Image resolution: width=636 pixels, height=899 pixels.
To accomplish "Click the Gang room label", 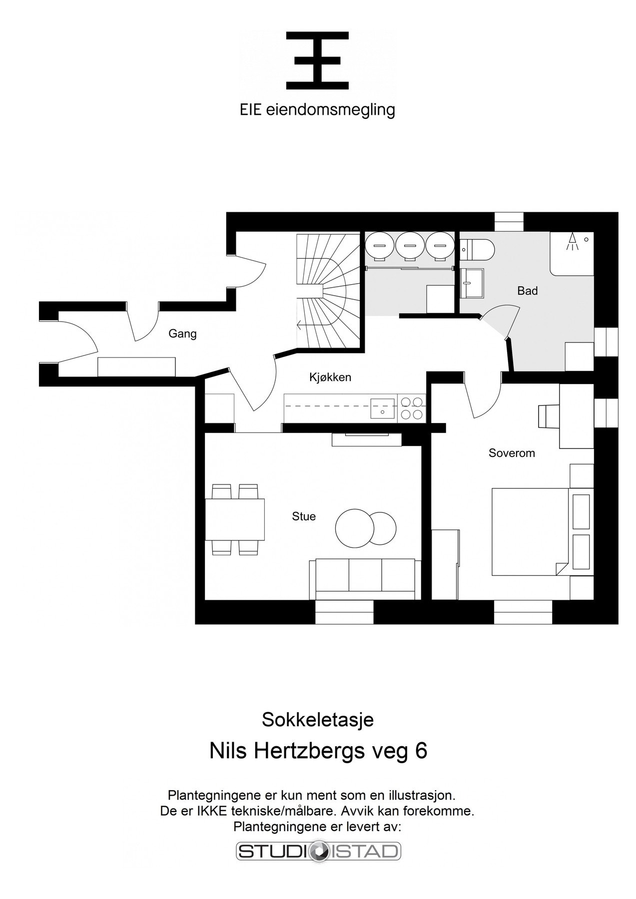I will [x=182, y=334].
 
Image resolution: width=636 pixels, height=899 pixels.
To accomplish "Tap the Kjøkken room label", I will [x=330, y=377].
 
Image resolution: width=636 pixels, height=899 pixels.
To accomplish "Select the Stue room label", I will [x=304, y=516].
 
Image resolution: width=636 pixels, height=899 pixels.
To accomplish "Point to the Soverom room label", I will [x=512, y=453].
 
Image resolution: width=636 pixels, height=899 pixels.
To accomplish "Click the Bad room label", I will [x=527, y=291].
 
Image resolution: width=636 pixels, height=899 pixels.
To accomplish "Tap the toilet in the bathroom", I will [x=478, y=247].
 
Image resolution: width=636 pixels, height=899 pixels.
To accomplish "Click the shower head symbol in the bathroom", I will [x=572, y=241].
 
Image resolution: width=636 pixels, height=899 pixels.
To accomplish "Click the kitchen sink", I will [x=382, y=408].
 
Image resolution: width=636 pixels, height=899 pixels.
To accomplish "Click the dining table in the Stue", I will [x=235, y=519].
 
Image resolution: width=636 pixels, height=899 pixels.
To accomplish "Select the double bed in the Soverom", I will [x=530, y=531].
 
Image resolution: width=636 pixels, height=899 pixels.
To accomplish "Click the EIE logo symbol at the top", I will [x=317, y=60].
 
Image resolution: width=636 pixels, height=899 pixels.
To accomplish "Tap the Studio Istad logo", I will [x=318, y=852].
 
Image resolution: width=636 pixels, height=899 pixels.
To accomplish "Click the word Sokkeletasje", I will [x=318, y=720].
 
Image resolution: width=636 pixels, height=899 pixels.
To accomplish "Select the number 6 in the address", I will [x=421, y=751].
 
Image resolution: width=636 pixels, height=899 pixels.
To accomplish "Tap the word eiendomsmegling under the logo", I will [x=331, y=110].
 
